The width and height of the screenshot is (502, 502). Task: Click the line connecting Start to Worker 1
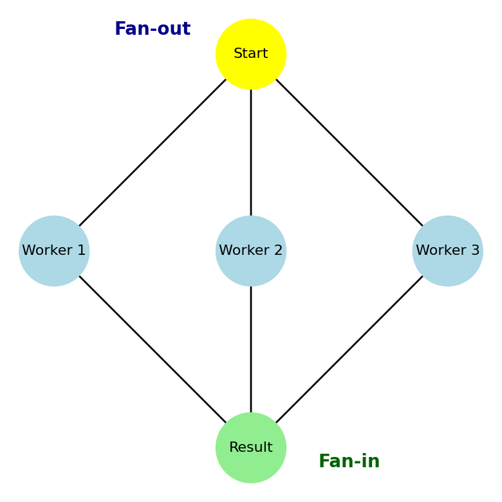coord(153,153)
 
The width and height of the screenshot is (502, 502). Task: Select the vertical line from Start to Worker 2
coord(251,153)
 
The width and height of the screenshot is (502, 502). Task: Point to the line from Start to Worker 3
coord(349,153)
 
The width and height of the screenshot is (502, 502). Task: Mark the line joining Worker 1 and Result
coord(153,349)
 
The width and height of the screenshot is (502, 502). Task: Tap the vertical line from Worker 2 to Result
coord(251,349)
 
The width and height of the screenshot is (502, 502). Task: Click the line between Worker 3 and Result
coord(349,349)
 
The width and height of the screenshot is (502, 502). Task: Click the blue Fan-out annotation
coord(153,30)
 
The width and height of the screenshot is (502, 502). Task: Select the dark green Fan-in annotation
coord(349,461)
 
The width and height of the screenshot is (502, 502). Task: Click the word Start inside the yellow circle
coord(251,54)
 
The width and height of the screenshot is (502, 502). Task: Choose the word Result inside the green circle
coord(251,448)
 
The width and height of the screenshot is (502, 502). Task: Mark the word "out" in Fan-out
coord(175,30)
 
